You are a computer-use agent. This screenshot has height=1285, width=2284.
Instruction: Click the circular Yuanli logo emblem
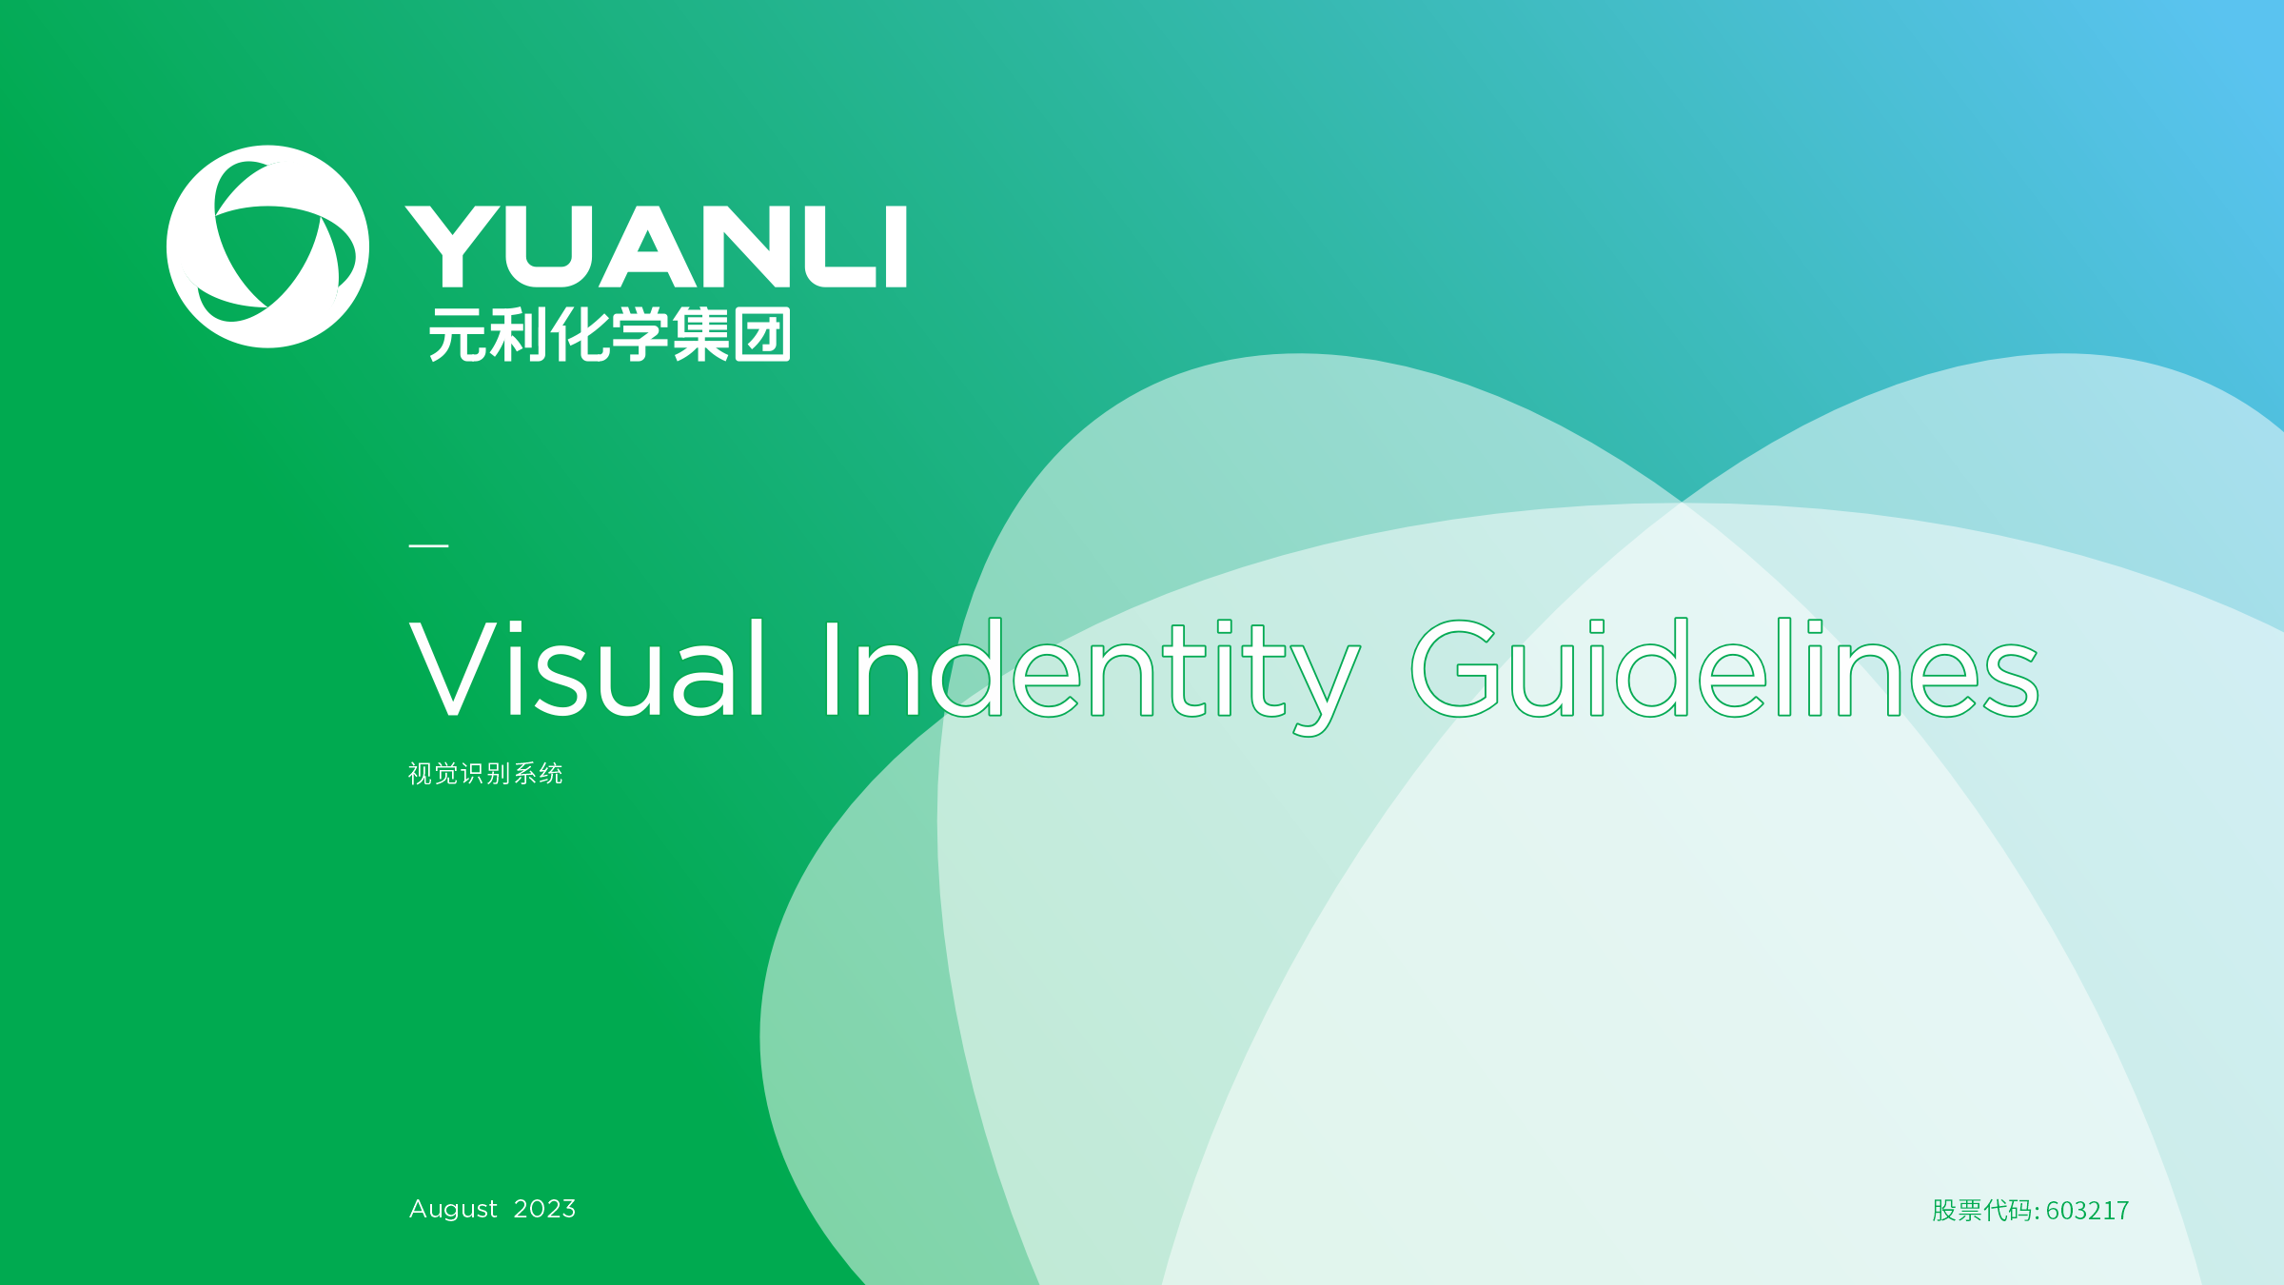coord(267,247)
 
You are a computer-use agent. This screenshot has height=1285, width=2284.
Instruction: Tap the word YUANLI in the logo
coord(656,247)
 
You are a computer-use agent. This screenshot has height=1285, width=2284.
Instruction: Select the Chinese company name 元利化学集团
coord(609,334)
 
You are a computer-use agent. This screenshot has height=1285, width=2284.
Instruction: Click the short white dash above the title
coord(428,545)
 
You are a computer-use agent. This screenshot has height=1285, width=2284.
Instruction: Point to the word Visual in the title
coord(586,667)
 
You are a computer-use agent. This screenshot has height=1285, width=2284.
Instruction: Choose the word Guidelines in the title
coord(1724,667)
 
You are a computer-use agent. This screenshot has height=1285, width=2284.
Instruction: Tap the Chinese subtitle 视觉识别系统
coord(485,773)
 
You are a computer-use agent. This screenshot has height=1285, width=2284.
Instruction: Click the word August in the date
coord(453,1209)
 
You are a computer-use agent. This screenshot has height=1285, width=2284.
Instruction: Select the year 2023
coord(544,1209)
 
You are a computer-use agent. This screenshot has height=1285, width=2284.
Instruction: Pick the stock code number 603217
coord(2087,1211)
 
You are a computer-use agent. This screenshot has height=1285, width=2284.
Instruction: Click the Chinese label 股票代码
coord(1981,1211)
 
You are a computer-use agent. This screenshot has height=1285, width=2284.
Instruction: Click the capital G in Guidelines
coord(1455,667)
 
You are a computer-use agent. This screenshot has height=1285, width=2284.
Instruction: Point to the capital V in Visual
coord(454,668)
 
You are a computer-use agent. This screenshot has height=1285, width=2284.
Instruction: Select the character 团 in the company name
coord(763,335)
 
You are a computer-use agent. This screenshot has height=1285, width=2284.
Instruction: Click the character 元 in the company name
coord(456,334)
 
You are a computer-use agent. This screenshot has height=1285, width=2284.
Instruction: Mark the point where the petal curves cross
coord(1682,502)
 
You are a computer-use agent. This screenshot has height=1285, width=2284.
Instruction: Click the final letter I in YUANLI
coord(896,247)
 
